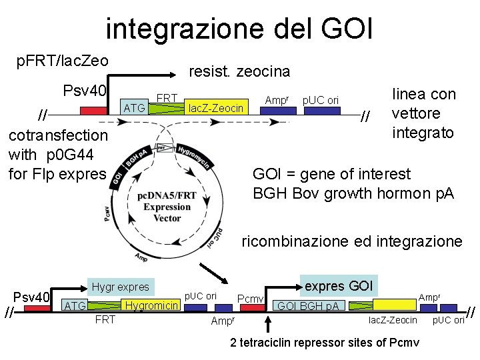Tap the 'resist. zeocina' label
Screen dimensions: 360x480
[239, 71]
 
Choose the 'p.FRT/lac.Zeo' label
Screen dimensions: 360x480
[62, 61]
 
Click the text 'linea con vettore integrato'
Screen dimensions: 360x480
[423, 113]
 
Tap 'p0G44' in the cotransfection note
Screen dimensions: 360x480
[74, 155]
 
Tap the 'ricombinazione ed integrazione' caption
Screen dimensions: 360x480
[351, 241]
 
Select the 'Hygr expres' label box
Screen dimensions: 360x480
[120, 287]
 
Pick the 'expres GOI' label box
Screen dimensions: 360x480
[339, 286]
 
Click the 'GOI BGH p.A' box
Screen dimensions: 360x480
[307, 306]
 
